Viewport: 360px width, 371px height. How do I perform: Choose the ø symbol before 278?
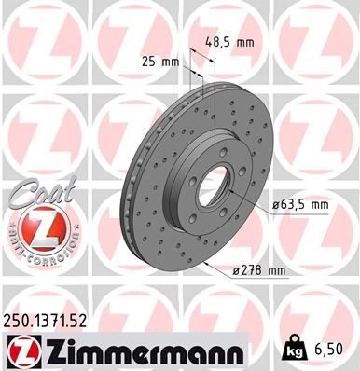(236, 271)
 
